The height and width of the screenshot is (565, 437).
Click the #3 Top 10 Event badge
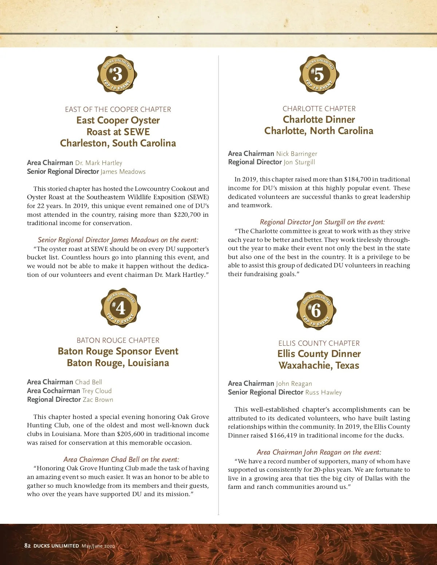pyautogui.click(x=117, y=75)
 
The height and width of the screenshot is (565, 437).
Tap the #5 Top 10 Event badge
pyautogui.click(x=319, y=75)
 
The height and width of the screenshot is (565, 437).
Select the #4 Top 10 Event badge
pyautogui.click(x=121, y=308)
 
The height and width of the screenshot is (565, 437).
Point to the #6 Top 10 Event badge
pyautogui.click(x=316, y=310)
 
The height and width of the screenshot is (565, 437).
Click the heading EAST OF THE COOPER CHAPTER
pyautogui.click(x=118, y=109)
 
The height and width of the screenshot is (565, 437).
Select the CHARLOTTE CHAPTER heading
pyautogui.click(x=319, y=109)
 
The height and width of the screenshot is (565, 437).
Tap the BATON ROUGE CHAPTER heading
pyautogui.click(x=118, y=340)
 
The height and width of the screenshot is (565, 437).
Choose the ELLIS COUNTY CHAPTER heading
pyautogui.click(x=319, y=343)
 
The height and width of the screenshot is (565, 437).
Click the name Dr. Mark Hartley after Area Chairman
pyautogui.click(x=99, y=163)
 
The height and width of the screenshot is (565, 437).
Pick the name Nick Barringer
pyautogui.click(x=296, y=154)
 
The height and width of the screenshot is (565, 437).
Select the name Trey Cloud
pyautogui.click(x=97, y=391)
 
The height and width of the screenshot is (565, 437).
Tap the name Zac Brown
pyautogui.click(x=98, y=400)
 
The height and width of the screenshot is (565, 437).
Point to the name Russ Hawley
pyautogui.click(x=323, y=392)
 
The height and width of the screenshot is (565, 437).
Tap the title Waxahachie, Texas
pyautogui.click(x=319, y=365)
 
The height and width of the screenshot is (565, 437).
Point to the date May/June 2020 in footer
pyautogui.click(x=98, y=546)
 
